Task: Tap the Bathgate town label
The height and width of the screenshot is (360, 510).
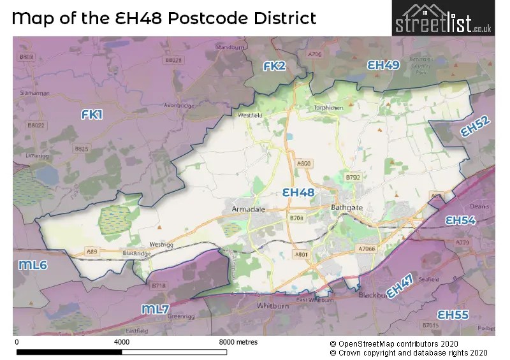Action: tap(347, 208)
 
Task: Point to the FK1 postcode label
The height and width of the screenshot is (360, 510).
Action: tap(92, 114)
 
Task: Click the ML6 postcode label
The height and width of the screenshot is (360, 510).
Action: tap(32, 264)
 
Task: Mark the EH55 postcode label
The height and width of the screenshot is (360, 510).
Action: tap(453, 315)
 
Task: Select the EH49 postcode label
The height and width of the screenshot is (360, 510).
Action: tap(383, 65)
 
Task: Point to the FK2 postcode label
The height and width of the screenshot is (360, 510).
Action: tap(276, 66)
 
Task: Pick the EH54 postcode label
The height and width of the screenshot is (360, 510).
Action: tap(460, 220)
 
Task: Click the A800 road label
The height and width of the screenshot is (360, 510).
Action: tap(304, 164)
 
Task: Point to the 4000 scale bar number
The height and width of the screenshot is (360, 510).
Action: tap(121, 342)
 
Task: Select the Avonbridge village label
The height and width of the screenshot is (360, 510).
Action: tap(180, 106)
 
